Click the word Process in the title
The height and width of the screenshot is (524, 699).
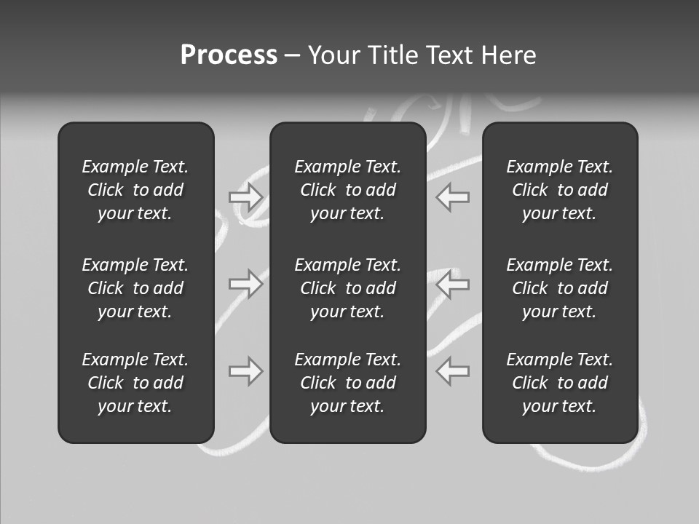tap(229, 55)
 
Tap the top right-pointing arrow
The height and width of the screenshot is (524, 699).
tap(246, 197)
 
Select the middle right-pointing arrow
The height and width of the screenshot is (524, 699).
tap(246, 284)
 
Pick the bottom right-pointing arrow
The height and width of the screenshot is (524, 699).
tap(246, 371)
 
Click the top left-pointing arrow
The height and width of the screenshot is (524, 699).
tap(453, 197)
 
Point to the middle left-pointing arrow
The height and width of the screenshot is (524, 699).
tap(453, 284)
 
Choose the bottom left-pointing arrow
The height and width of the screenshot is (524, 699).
tap(453, 371)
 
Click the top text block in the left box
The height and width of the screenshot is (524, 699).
tap(135, 190)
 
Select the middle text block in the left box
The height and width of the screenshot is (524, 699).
tap(135, 288)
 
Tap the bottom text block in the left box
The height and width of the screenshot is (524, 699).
tap(135, 383)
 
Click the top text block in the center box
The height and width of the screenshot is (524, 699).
tap(347, 190)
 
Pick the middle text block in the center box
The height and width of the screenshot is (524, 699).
tap(347, 288)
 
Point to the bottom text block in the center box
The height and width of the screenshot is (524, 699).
tap(347, 383)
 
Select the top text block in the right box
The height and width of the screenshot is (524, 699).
tap(559, 190)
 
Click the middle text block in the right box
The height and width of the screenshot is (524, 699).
tap(559, 288)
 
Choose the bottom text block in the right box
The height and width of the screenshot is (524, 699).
tap(559, 383)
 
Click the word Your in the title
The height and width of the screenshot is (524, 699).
tap(332, 55)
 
